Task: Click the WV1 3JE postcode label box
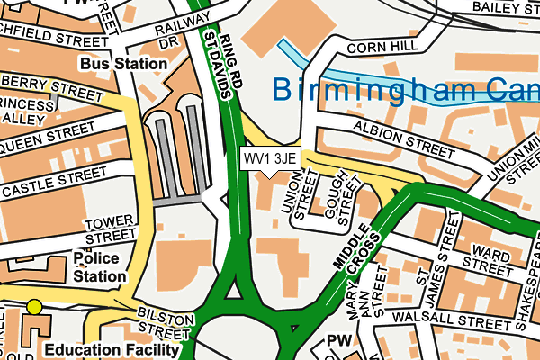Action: (269, 158)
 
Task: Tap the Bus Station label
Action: (123, 64)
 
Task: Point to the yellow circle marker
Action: (34, 307)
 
